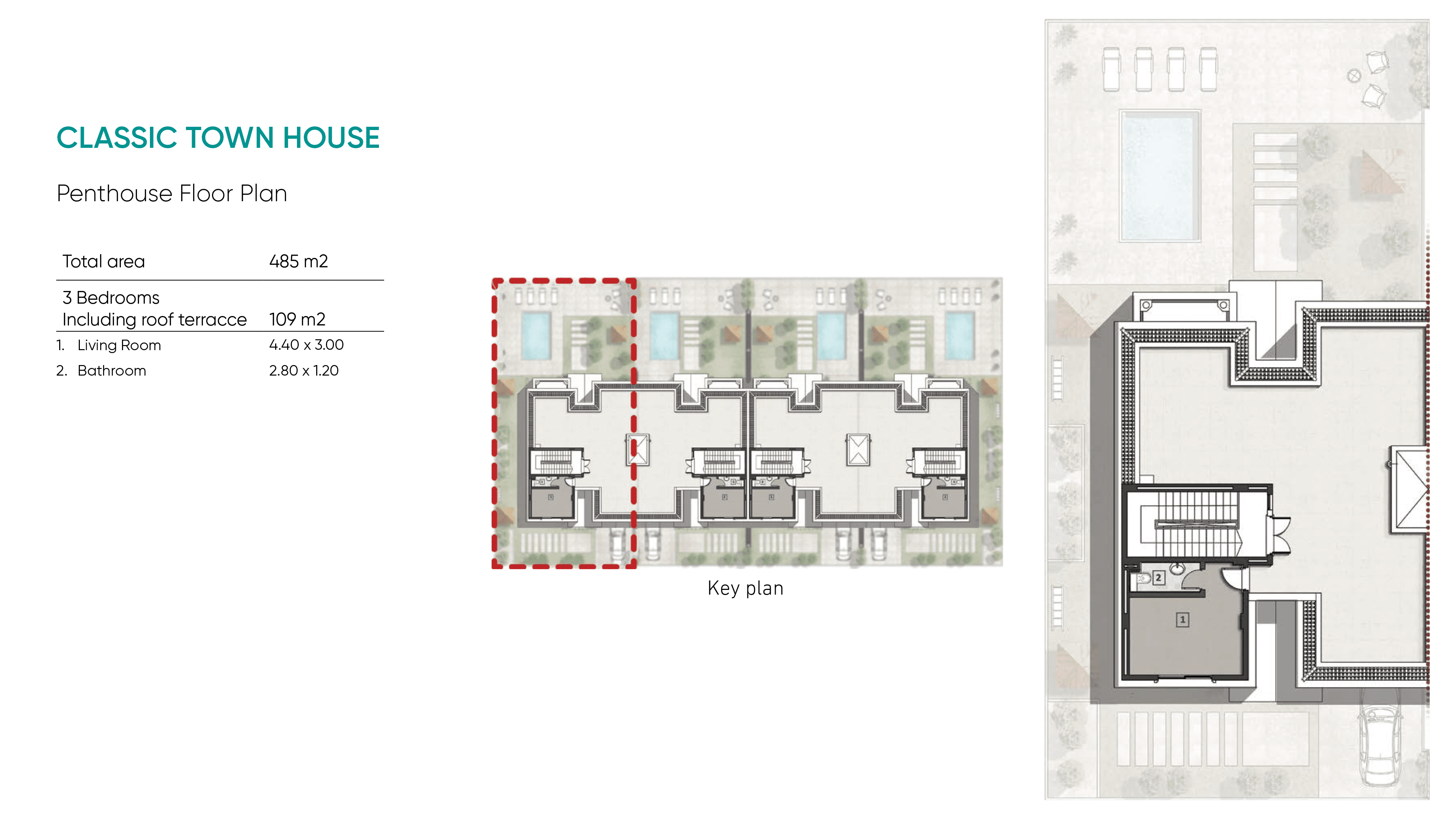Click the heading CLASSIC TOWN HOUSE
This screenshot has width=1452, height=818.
tap(218, 138)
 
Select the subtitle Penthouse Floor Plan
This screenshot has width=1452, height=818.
tap(172, 194)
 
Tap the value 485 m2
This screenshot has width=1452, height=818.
tap(298, 261)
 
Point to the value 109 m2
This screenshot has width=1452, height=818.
tap(297, 319)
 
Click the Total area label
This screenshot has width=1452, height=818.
tap(104, 261)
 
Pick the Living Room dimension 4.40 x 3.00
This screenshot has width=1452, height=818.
tap(306, 345)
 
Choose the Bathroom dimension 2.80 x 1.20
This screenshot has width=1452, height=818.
tap(304, 370)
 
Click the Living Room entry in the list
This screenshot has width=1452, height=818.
tap(119, 345)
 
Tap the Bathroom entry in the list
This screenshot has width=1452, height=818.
tap(111, 370)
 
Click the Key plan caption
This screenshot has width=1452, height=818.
tap(745, 588)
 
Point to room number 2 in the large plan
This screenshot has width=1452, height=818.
tap(1158, 578)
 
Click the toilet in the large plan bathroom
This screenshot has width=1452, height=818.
tap(1143, 579)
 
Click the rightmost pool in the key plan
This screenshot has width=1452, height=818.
tap(959, 336)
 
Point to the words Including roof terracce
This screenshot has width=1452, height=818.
tap(154, 319)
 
